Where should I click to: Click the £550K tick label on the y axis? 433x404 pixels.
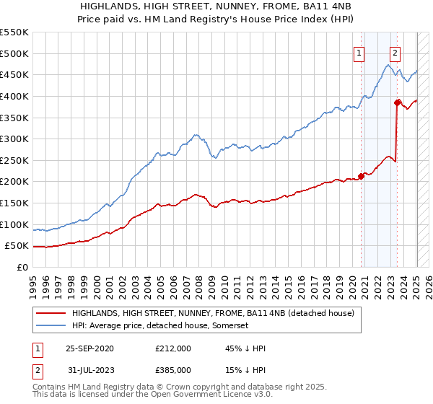click(x=14, y=32)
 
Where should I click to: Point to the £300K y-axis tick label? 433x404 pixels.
click(x=14, y=139)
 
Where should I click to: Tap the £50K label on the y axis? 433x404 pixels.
click(x=16, y=246)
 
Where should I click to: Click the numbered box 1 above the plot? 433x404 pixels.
click(x=359, y=51)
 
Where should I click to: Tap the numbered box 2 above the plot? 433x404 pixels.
click(x=395, y=51)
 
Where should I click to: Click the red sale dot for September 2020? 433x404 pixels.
click(x=362, y=177)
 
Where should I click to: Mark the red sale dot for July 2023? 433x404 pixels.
click(x=397, y=102)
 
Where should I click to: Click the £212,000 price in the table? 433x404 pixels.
click(x=172, y=348)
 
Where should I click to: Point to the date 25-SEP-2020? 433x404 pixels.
click(x=89, y=348)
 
